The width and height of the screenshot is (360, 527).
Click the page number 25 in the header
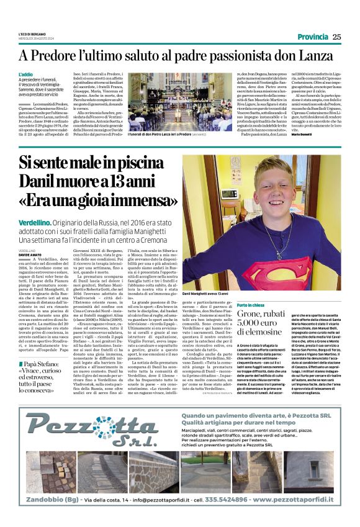[336, 37]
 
